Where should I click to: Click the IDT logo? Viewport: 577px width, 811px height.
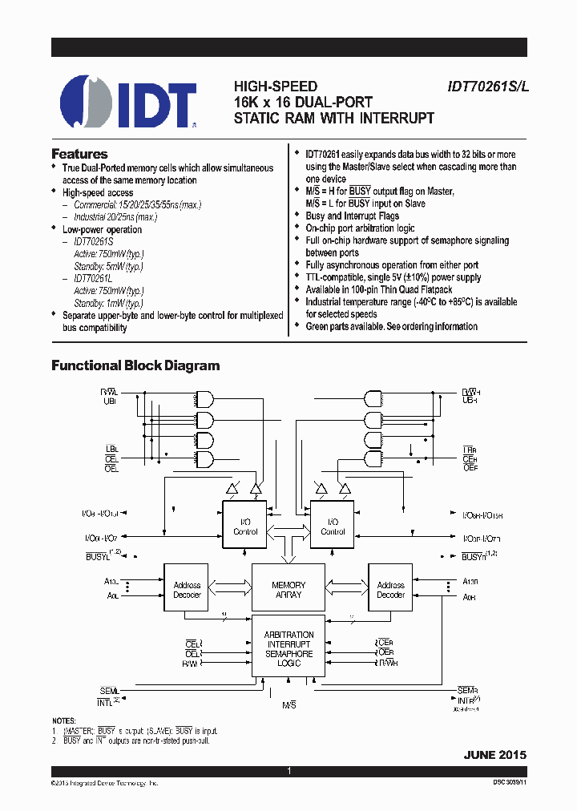pyautogui.click(x=129, y=102)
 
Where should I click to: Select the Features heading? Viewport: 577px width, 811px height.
pyautogui.click(x=79, y=154)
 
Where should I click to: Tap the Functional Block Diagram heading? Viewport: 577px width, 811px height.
pyautogui.click(x=135, y=365)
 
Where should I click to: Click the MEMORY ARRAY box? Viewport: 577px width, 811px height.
pyautogui.click(x=288, y=590)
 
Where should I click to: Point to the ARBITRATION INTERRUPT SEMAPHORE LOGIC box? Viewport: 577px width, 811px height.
pyautogui.click(x=288, y=649)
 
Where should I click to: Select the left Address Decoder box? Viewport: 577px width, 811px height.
pyautogui.click(x=187, y=590)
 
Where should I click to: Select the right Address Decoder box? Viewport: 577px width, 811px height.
pyautogui.click(x=390, y=590)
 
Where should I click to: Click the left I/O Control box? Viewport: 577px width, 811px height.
pyautogui.click(x=245, y=527)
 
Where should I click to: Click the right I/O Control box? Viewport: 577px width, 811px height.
pyautogui.click(x=333, y=527)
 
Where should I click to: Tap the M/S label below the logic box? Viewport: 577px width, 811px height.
pyautogui.click(x=288, y=704)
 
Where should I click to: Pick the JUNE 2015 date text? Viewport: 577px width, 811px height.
pyautogui.click(x=494, y=755)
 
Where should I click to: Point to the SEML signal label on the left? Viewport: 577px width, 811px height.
pyautogui.click(x=108, y=691)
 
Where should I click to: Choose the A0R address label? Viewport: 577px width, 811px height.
pyautogui.click(x=470, y=598)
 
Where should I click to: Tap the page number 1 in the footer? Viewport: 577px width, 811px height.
pyautogui.click(x=288, y=771)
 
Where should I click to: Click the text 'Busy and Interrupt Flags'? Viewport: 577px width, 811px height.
pyautogui.click(x=352, y=216)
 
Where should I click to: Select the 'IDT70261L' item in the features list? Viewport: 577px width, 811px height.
pyautogui.click(x=94, y=278)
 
